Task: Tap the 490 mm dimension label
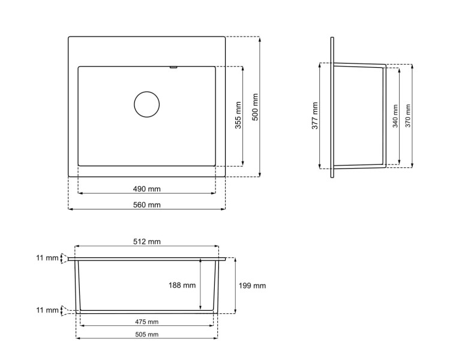[146, 189]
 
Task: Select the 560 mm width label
[146, 205]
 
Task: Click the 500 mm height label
[255, 107]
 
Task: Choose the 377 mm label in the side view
[315, 116]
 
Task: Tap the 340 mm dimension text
[395, 116]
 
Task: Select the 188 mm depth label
[182, 286]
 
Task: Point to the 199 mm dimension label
[252, 286]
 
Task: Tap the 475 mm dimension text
[146, 322]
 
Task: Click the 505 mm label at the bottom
[146, 334]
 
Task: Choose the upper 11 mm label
[47, 258]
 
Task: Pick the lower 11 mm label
[47, 310]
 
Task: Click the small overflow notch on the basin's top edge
[173, 68]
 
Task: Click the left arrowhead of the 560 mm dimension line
[70, 209]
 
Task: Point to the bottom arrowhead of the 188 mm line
[200, 308]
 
